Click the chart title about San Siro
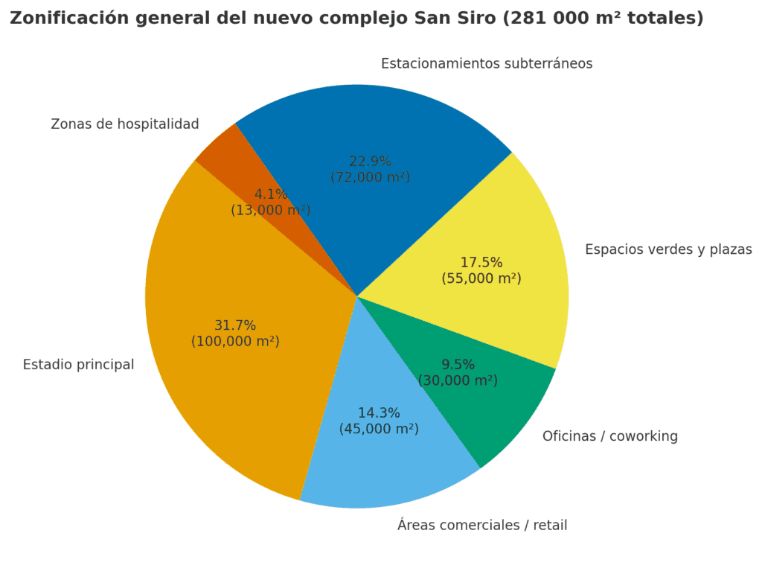(356, 19)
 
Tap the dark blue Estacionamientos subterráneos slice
(372, 127)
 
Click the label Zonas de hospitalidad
(125, 124)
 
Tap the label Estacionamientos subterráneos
(487, 64)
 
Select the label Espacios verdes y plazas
(668, 249)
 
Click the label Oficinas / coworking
(610, 436)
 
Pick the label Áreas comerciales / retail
(482, 526)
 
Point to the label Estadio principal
(78, 365)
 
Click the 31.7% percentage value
(235, 325)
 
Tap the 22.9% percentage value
(370, 162)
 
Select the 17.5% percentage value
(481, 263)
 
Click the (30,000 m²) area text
(458, 380)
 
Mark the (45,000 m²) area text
(379, 429)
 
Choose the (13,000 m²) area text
(270, 210)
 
